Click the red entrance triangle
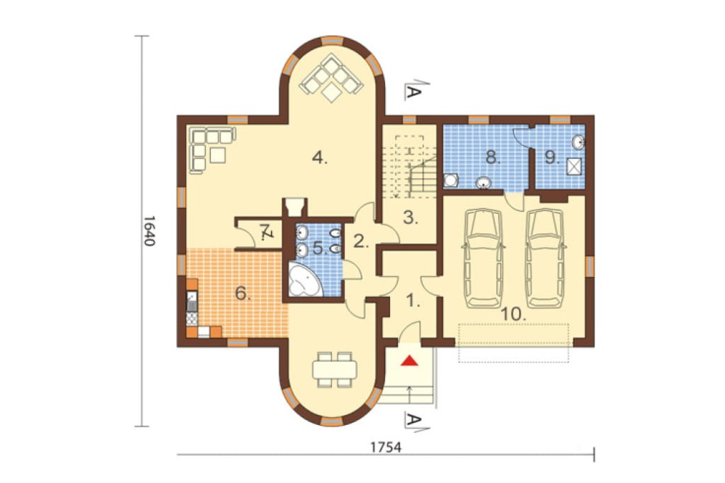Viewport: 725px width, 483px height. tap(409, 360)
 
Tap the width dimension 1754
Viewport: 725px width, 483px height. tap(386, 447)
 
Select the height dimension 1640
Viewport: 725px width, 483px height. tap(148, 231)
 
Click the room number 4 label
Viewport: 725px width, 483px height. tap(320, 158)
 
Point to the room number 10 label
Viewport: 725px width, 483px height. tap(514, 315)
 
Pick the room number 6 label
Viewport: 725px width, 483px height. tap(243, 293)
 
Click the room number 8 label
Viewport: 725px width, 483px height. tap(493, 158)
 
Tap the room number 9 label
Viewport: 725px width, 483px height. tap(552, 158)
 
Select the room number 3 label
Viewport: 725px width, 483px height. tap(410, 218)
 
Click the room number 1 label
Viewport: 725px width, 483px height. tap(413, 302)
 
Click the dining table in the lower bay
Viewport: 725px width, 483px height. tap(335, 369)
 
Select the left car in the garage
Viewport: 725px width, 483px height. tap(483, 259)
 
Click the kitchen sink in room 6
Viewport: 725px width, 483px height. tap(192, 301)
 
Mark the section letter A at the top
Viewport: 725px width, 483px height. tap(413, 93)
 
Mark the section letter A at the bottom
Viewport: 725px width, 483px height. tap(413, 420)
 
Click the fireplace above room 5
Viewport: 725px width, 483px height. tap(294, 207)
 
